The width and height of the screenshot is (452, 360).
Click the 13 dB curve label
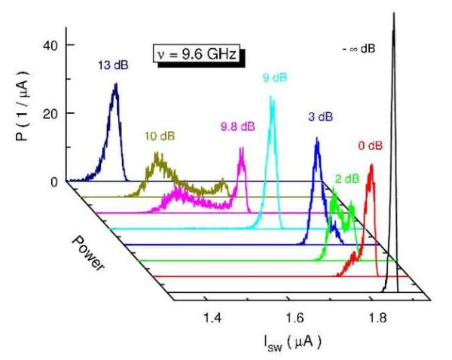click(x=113, y=66)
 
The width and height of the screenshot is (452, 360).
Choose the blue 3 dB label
click(x=320, y=117)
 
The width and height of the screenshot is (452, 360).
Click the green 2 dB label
click(x=347, y=178)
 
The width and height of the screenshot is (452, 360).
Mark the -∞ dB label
click(x=357, y=49)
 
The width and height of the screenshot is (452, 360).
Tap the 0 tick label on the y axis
click(x=52, y=182)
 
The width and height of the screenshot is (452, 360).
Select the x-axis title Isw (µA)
click(x=298, y=343)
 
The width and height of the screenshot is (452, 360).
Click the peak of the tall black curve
click(x=393, y=15)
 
